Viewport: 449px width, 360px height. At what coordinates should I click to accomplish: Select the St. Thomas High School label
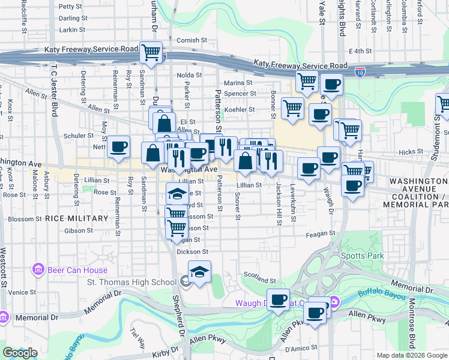[132, 283]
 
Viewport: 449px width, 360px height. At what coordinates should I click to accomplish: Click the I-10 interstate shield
[359, 72]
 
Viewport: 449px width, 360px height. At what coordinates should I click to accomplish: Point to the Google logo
[20, 353]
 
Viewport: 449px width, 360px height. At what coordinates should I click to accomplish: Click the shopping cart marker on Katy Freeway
[152, 52]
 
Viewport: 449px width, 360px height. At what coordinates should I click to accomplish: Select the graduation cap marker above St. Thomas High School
[199, 272]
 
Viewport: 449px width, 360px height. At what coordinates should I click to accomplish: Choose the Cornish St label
[192, 40]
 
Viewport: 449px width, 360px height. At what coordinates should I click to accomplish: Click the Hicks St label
[410, 152]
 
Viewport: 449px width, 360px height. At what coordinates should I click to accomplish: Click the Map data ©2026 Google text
[411, 355]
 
